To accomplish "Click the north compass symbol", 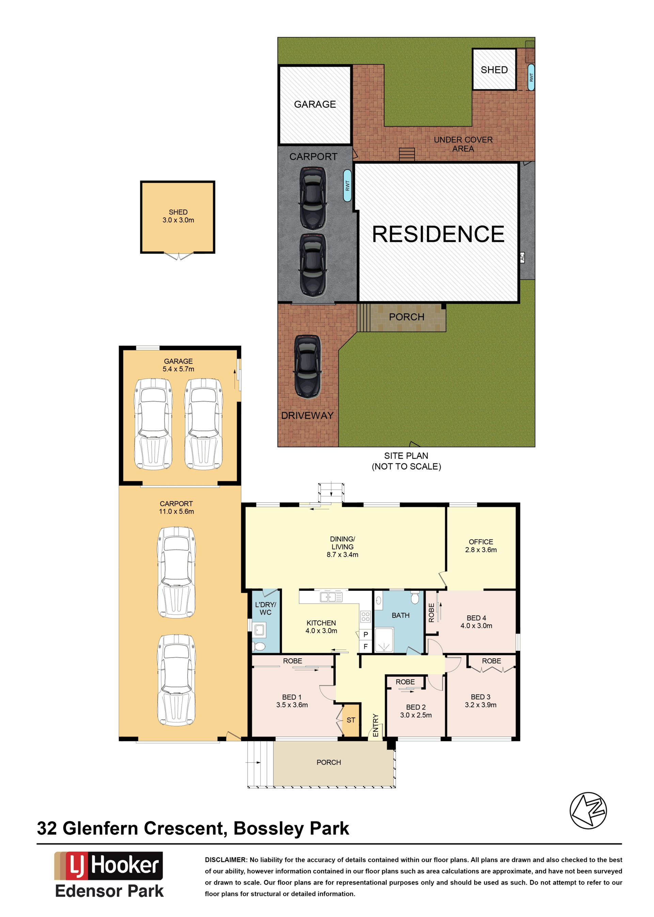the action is click(x=588, y=810).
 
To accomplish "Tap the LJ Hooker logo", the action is click(x=109, y=866).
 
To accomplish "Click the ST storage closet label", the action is click(x=351, y=720).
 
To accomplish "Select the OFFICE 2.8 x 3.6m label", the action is click(x=481, y=546).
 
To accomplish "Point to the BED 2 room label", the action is click(x=416, y=707).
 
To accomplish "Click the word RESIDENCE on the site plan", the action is click(x=438, y=234).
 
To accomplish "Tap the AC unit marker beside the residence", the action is click(x=522, y=257).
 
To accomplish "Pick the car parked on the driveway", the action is click(x=308, y=367).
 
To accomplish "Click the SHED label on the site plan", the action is click(x=494, y=70).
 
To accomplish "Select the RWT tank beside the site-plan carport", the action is click(x=347, y=185).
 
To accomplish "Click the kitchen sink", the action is click(x=331, y=597).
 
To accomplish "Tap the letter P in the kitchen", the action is click(x=365, y=634).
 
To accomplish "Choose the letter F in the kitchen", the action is click(x=365, y=646).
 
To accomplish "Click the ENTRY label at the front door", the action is click(x=375, y=725).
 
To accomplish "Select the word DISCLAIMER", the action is click(x=225, y=860).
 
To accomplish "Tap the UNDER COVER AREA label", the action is click(x=463, y=144).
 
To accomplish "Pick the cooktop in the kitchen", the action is click(x=365, y=616).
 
